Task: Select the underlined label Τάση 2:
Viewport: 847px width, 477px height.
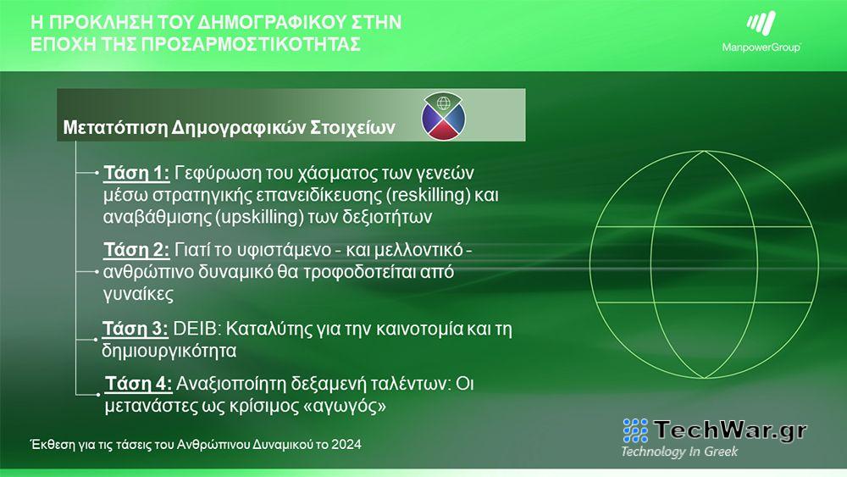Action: pos(136,251)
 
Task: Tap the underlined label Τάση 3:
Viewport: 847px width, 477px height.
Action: pos(135,328)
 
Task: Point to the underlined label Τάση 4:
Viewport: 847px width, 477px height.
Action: pos(139,384)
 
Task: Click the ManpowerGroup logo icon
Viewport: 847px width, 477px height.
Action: pos(760,25)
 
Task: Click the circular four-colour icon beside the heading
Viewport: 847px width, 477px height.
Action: pos(444,115)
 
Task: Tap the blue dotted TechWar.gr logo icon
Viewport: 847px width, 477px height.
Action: pos(635,430)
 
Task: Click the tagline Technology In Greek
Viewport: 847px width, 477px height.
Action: pos(679,452)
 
